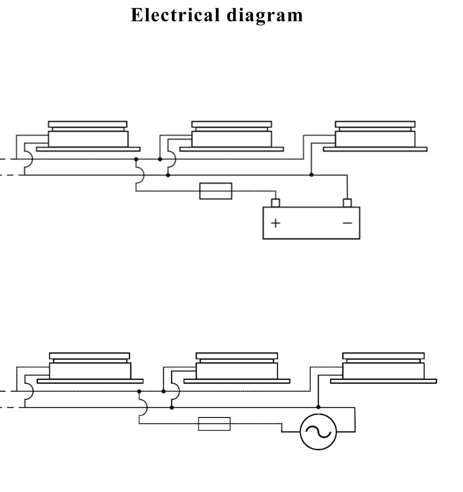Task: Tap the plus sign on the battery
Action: coord(276,223)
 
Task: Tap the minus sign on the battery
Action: coord(347,223)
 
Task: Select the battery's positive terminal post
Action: coord(276,203)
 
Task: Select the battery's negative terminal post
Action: coord(347,203)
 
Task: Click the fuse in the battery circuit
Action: coord(216,191)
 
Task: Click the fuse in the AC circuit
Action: coord(214,424)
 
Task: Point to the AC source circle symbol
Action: coord(318,431)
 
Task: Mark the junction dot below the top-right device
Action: coord(311,175)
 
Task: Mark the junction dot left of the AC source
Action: coord(318,407)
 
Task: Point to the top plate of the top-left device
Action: coord(88,124)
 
